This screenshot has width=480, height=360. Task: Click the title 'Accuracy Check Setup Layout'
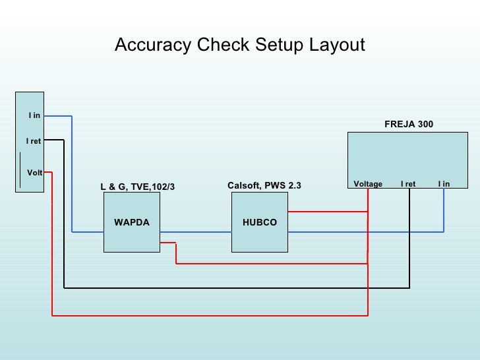(239, 45)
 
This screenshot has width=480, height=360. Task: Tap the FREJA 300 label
(408, 124)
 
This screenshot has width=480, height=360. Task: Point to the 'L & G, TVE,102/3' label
(138, 187)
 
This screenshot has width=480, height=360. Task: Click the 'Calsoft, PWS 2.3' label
(264, 186)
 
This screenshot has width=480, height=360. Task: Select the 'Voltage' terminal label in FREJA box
(368, 184)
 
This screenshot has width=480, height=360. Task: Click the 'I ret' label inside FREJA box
(408, 184)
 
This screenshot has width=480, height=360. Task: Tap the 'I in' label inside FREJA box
(444, 184)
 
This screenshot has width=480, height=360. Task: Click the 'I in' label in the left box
(34, 115)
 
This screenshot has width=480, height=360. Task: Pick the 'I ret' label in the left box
(34, 141)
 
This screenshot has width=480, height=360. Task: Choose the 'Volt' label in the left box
(34, 173)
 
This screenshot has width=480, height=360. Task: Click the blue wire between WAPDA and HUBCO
(195, 232)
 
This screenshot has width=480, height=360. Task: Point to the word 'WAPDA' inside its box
(131, 223)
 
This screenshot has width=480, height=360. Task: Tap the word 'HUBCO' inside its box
(260, 223)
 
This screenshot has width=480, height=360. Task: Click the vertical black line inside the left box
(20, 169)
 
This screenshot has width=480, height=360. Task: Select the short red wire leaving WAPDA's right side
(168, 243)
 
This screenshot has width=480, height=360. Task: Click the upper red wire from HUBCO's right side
(327, 212)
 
